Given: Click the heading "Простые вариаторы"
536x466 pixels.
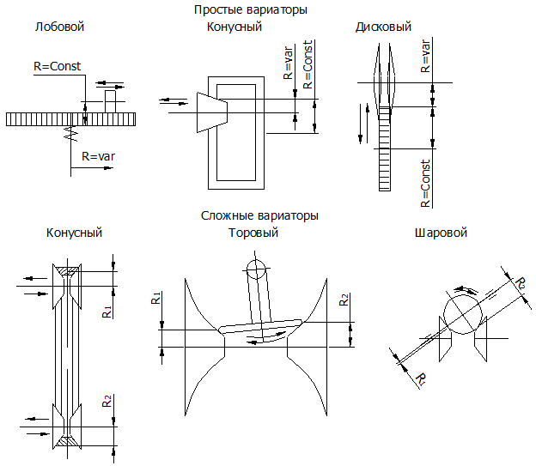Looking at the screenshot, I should [x=251, y=10].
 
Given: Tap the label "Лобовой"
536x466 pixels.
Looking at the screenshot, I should [x=59, y=27].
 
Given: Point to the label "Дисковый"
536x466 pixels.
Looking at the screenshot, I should [x=383, y=27].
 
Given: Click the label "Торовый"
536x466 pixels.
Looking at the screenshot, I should [x=253, y=233].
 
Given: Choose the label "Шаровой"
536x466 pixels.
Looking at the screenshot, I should [x=440, y=233].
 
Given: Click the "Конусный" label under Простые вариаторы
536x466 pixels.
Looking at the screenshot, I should [x=234, y=27].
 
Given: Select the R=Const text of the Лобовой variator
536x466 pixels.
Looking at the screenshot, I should [x=52, y=64].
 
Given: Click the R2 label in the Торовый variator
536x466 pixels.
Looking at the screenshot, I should [x=344, y=300].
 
